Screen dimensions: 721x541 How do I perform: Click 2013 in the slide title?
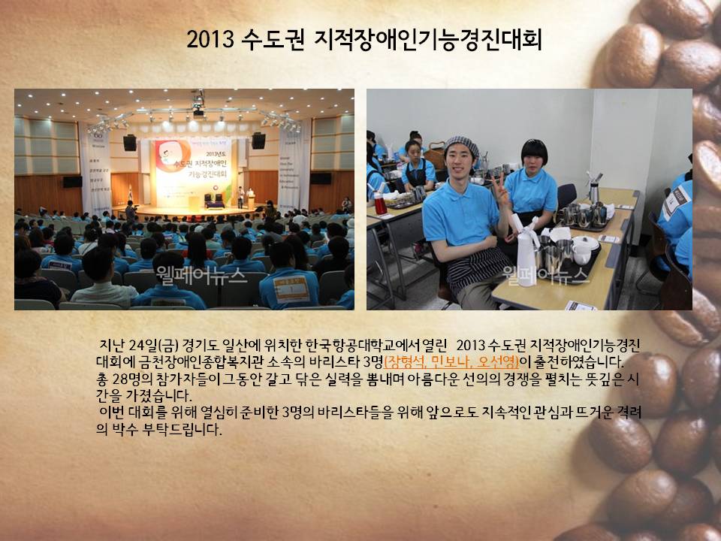pos(210,39)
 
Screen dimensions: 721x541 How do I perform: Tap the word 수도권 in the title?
pos(273,39)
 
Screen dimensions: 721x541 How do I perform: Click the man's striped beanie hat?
pos(461,146)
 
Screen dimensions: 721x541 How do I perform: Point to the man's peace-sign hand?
pos(500,189)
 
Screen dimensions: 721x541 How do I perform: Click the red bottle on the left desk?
pos(380,204)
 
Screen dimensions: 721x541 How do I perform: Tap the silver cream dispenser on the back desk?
pos(593,189)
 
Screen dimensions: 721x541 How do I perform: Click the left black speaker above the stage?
pos(130,143)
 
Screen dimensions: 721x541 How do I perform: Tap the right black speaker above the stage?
pos(258,141)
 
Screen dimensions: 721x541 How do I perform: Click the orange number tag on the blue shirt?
pos(291,289)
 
